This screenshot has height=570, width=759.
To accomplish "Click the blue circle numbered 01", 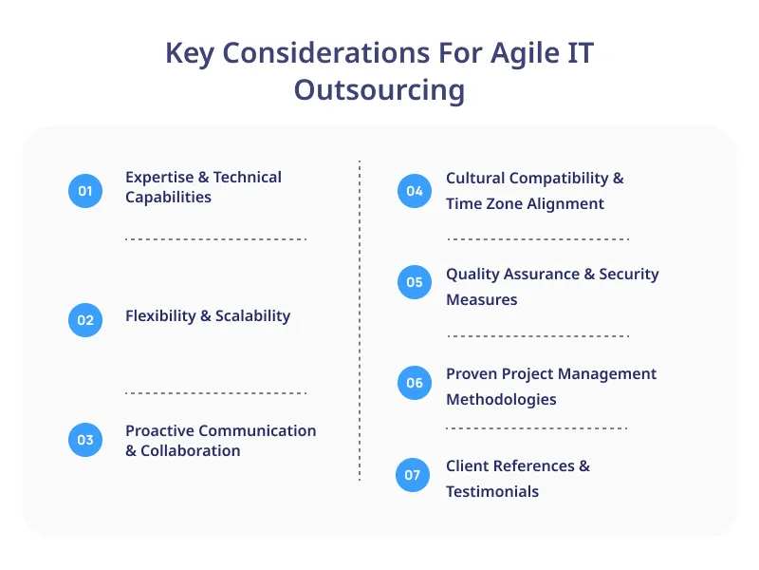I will pos(85,191).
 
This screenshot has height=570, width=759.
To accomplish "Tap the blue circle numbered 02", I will pos(85,320).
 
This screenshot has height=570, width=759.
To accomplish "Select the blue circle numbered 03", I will pos(85,440).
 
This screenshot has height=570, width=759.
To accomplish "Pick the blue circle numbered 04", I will pos(415,191).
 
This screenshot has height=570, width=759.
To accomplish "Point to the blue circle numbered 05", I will pos(415,282).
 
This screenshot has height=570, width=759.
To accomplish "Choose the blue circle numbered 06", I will pos(415,383).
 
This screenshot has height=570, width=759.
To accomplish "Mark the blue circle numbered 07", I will pos(413,474).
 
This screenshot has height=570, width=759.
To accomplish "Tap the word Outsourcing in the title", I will pos(379,89).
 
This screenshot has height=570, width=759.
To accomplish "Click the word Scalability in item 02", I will pos(252,316).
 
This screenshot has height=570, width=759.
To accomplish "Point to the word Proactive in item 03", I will pos(163,430).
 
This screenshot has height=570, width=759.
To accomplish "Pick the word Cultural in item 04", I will pos(476,178).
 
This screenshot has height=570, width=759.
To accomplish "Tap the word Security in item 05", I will pos(629,274).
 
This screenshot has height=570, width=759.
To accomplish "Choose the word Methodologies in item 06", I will pos(501,399).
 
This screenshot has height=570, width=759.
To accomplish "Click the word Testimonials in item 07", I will pos(492,491).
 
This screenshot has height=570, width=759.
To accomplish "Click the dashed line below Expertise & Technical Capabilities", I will pos(215,239).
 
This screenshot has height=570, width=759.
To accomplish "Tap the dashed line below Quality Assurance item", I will pos(537,336).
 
